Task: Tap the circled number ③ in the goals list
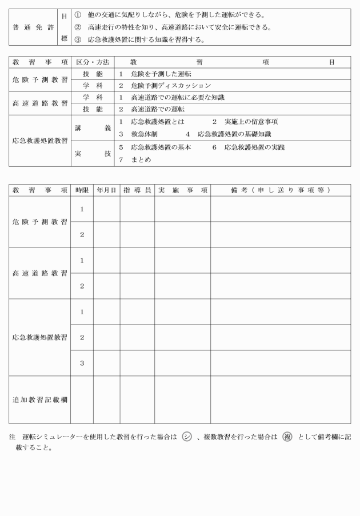click(78, 40)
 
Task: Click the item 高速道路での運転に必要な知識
click(177, 97)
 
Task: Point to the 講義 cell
click(92, 129)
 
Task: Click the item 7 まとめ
click(135, 160)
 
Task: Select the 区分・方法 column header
click(93, 62)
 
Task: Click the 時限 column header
click(82, 190)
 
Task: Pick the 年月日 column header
click(106, 190)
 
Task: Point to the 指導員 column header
click(137, 190)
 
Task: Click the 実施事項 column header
click(182, 190)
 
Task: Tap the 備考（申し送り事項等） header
click(280, 190)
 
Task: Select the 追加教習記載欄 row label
click(39, 399)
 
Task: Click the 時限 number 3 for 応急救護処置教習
click(82, 363)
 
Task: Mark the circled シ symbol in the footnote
click(187, 437)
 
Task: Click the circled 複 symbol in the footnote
click(287, 437)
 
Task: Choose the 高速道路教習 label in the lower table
click(39, 273)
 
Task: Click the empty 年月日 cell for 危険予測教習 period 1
click(106, 209)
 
